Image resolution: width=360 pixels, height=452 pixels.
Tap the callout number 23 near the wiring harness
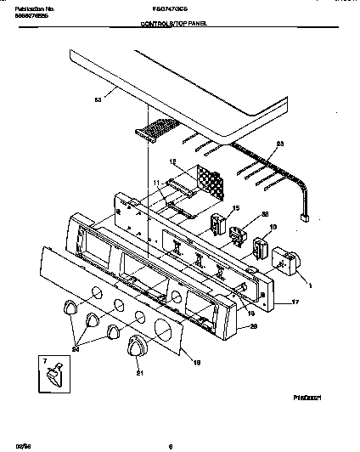coord(281,143)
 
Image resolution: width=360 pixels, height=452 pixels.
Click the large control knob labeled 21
coord(135,347)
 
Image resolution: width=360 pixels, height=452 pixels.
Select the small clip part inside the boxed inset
coord(55,370)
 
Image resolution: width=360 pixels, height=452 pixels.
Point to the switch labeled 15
coord(218,224)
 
